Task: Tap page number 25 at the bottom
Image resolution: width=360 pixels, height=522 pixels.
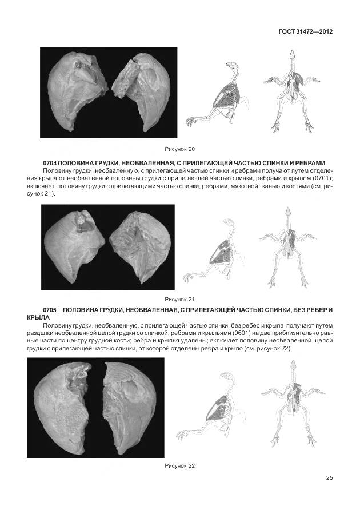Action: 329,478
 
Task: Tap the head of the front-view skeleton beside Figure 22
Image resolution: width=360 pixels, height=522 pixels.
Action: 293,365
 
